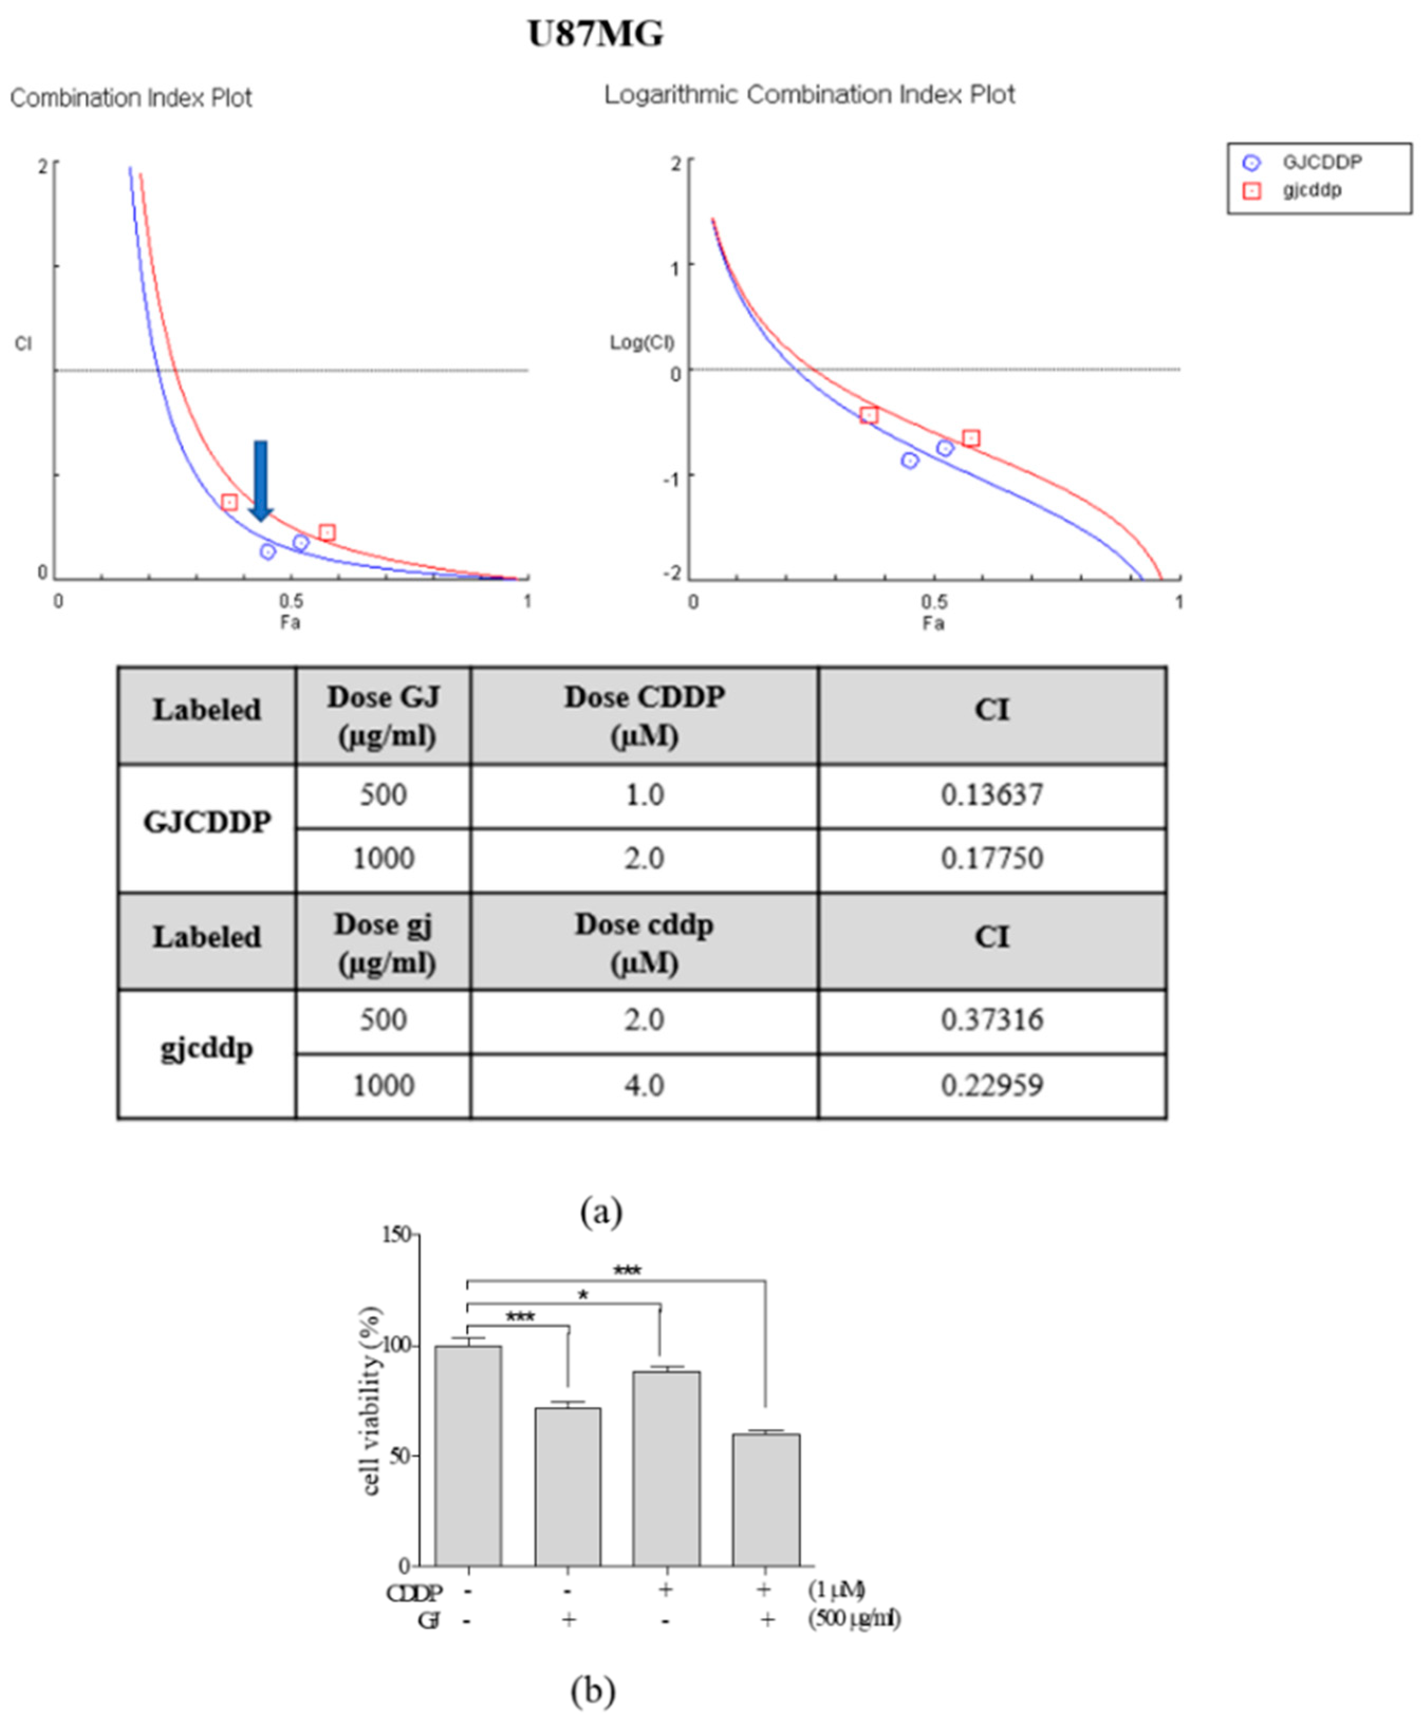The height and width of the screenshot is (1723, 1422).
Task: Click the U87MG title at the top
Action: click(x=596, y=34)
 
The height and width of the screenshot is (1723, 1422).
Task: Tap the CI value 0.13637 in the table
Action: click(x=991, y=795)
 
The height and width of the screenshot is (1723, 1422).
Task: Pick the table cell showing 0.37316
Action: click(x=991, y=1020)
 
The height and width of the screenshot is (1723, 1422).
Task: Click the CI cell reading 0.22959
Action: click(x=991, y=1086)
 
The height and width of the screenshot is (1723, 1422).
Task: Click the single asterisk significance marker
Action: click(x=583, y=1296)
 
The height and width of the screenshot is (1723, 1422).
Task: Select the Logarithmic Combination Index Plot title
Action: click(x=810, y=95)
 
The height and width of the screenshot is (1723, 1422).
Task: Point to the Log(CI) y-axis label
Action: click(x=642, y=342)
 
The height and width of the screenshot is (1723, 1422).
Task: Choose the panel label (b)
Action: click(x=592, y=1689)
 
